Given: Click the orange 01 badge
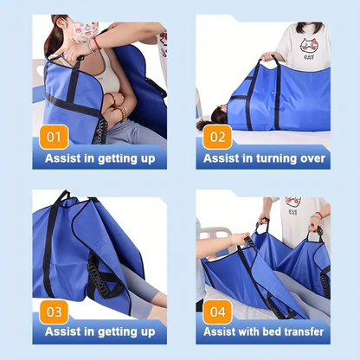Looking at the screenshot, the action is [x=54, y=137].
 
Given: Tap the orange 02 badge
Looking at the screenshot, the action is [x=217, y=137].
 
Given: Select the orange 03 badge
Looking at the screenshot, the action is [x=54, y=312].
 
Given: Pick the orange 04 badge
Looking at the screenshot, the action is [x=217, y=312].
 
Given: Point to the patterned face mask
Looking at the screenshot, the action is [x=84, y=31].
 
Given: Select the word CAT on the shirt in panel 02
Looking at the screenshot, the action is [x=309, y=57].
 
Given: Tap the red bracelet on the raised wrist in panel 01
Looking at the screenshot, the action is [x=96, y=43].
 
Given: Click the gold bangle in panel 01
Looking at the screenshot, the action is [x=124, y=112].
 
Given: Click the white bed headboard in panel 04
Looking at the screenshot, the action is [x=215, y=235].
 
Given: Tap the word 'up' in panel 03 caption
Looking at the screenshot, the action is [x=148, y=332].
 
